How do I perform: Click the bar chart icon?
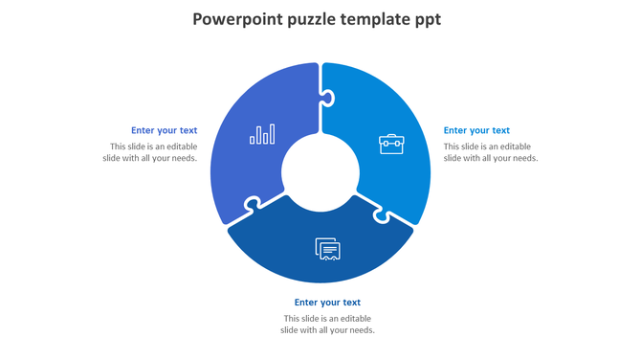click(262, 134)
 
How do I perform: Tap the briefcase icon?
click(391, 145)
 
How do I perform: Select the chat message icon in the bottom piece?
click(328, 249)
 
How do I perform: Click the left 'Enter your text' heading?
click(165, 130)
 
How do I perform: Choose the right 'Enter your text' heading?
click(476, 130)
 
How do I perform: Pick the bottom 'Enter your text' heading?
click(327, 303)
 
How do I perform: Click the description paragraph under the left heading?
click(153, 152)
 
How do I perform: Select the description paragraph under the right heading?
click(490, 152)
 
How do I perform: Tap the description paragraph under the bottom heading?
click(327, 325)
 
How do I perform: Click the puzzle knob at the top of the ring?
click(326, 97)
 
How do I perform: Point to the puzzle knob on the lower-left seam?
click(253, 204)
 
